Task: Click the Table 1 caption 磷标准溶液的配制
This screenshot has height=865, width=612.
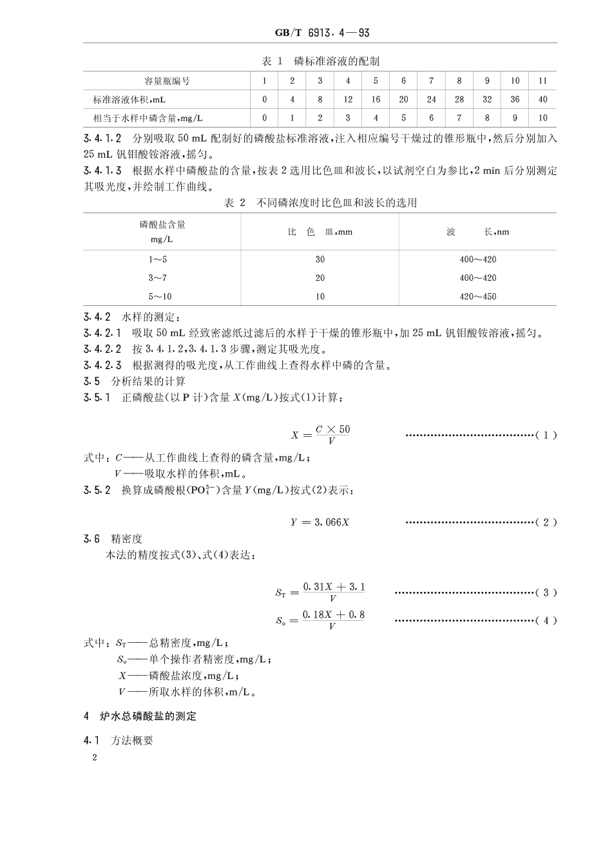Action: click(x=320, y=61)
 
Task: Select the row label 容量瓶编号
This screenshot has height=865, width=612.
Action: click(x=166, y=81)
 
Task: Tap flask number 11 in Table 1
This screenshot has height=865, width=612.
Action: click(x=542, y=81)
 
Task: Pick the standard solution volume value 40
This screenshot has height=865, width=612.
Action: click(x=542, y=100)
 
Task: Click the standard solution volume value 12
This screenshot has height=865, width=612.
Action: click(x=348, y=100)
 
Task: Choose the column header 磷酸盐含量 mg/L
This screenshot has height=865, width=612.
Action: click(x=162, y=232)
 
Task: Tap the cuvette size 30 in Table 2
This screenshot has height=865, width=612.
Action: click(x=320, y=260)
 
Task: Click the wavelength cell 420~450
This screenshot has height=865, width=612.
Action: click(x=477, y=297)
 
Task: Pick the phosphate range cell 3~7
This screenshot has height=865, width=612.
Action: click(x=157, y=278)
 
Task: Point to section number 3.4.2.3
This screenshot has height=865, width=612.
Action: click(x=102, y=366)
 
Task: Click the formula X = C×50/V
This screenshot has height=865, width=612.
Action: click(x=321, y=435)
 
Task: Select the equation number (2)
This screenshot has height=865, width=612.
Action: click(x=546, y=522)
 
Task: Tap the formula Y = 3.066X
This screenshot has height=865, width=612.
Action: click(x=320, y=522)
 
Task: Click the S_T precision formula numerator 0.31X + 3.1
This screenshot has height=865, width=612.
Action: click(x=334, y=587)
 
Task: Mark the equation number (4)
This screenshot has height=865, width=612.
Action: click(x=546, y=621)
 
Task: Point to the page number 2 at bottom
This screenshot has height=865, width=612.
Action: click(x=95, y=758)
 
